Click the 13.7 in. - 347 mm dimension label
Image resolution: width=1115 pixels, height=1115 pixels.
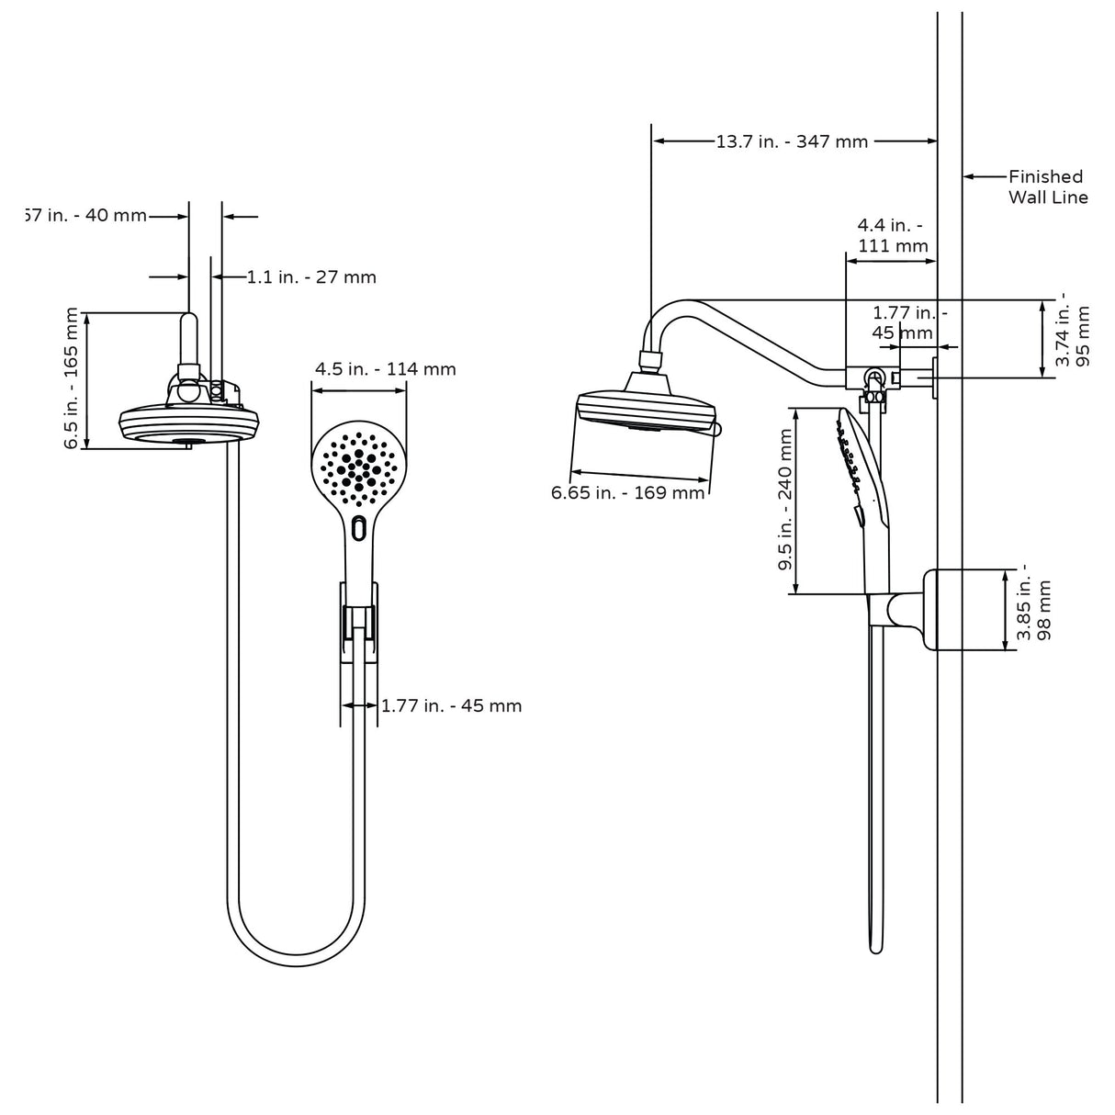click(x=792, y=141)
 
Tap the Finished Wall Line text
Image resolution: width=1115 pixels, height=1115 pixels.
click(x=1047, y=186)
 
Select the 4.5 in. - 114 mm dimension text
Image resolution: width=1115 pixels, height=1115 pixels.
click(x=385, y=369)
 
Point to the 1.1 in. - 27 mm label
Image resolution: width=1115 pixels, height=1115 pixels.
click(x=311, y=276)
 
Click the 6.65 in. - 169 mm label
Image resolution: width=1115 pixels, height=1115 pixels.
click(x=627, y=493)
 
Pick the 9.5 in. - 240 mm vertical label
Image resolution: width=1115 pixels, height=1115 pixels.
click(x=786, y=501)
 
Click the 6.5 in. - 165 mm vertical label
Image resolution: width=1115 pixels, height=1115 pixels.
click(x=72, y=378)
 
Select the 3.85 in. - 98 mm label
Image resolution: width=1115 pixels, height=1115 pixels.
click(x=1032, y=609)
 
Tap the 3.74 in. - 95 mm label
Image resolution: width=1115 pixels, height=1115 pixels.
click(x=1074, y=331)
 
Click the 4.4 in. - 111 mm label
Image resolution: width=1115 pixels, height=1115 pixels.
click(x=892, y=235)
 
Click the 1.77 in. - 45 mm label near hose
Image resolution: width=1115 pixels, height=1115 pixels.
click(x=451, y=705)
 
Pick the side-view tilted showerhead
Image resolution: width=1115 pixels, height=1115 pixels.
click(x=645, y=409)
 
